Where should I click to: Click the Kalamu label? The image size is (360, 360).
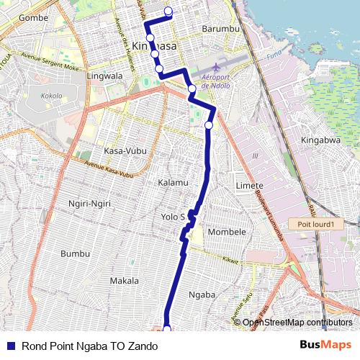click(173, 183)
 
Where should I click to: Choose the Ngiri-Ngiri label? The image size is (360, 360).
click(89, 204)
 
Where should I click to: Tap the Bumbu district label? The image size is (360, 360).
click(75, 253)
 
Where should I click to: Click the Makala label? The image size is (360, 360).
click(124, 280)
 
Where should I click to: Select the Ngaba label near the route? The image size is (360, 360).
click(202, 294)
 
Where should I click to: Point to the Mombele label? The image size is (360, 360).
click(227, 232)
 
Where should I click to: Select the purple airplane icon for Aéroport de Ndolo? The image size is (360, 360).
click(216, 67)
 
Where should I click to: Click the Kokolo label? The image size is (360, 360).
click(51, 95)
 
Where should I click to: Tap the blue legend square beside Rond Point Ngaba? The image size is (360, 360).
click(9, 346)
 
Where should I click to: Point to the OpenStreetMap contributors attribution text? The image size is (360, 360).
click(297, 322)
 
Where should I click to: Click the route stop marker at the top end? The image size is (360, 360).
click(168, 11)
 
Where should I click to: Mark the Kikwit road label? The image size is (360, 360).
click(230, 260)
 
